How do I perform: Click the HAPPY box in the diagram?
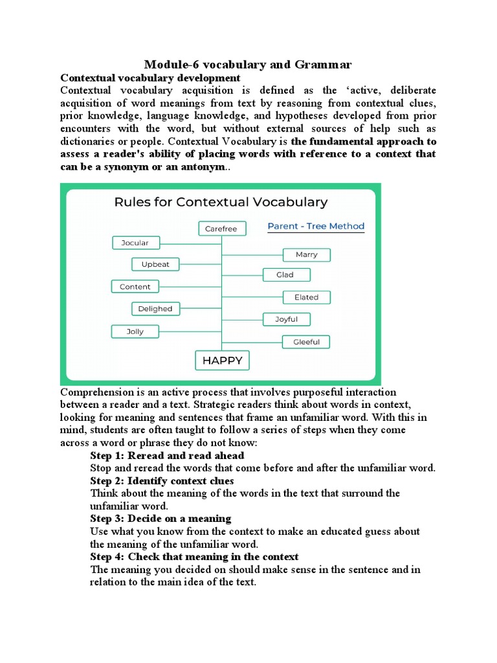222,361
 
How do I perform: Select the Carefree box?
221,229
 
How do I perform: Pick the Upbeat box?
155,264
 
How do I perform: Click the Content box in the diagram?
135,287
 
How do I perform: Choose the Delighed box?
155,309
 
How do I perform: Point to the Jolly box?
135,331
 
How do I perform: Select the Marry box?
306,254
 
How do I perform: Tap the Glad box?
285,275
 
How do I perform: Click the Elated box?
306,297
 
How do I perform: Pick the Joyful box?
286,319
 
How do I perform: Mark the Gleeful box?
306,341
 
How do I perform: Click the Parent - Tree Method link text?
316,226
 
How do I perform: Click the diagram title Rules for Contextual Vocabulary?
221,202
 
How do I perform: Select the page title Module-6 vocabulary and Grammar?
248,64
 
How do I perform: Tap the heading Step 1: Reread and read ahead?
167,455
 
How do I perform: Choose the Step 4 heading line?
194,557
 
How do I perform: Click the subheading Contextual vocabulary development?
150,78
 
